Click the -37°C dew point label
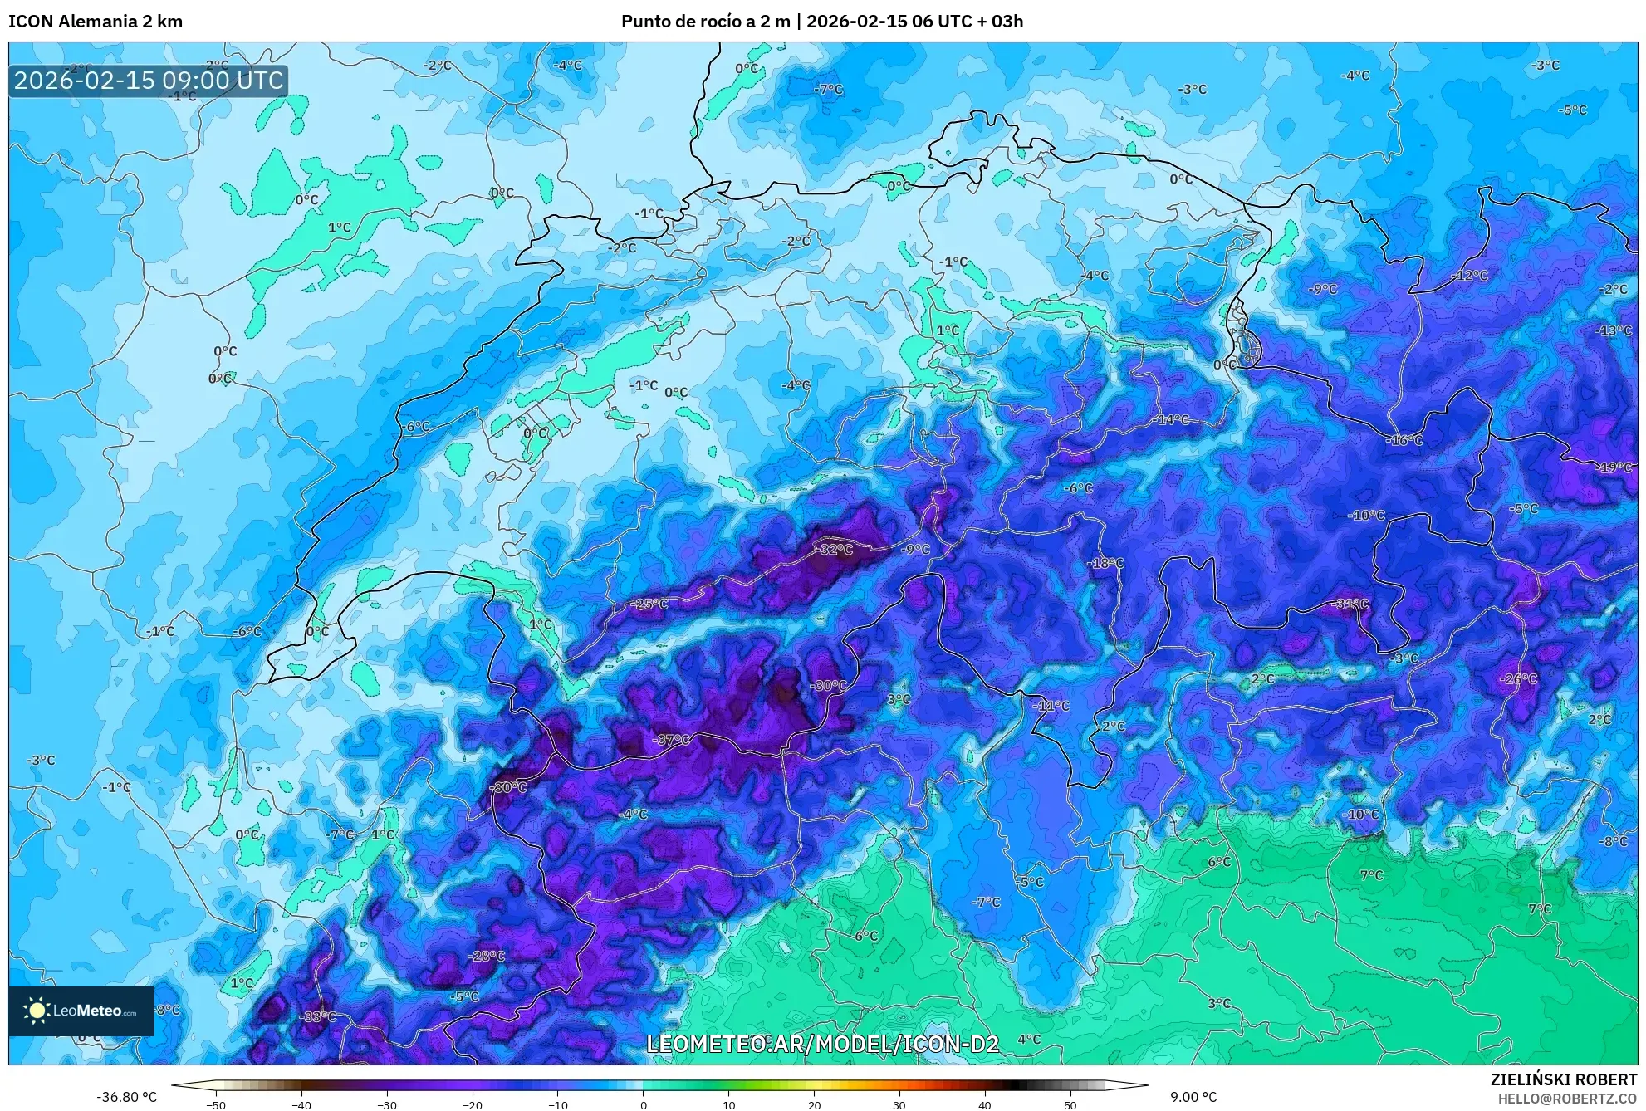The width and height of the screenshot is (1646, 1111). pos(672,740)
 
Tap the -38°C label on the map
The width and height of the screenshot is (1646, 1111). pos(318,1016)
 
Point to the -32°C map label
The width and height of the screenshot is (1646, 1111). pos(835,550)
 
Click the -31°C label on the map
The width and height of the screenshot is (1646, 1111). pos(1350,604)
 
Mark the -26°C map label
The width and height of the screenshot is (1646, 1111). pos(1519,678)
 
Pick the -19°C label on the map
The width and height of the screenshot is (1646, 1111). pos(1614,467)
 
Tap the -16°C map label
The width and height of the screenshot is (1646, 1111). pos(1405,440)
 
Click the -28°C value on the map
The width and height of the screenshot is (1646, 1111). pos(487,956)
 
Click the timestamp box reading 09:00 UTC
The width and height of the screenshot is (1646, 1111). pos(149,81)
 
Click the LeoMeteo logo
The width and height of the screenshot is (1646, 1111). pos(81,1011)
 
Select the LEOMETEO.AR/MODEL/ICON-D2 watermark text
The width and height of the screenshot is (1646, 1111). pos(822,1044)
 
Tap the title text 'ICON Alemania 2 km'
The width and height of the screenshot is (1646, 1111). pos(96,22)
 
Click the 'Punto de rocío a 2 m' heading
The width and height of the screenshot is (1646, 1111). pos(706,22)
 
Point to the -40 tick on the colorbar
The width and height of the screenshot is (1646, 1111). pos(301,1104)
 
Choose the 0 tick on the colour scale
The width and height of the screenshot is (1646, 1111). pos(643,1104)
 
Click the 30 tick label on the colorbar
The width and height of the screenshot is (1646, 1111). pos(899,1104)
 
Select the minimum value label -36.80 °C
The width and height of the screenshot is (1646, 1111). pos(126,1097)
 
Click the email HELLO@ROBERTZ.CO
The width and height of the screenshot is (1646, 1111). pos(1567,1099)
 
